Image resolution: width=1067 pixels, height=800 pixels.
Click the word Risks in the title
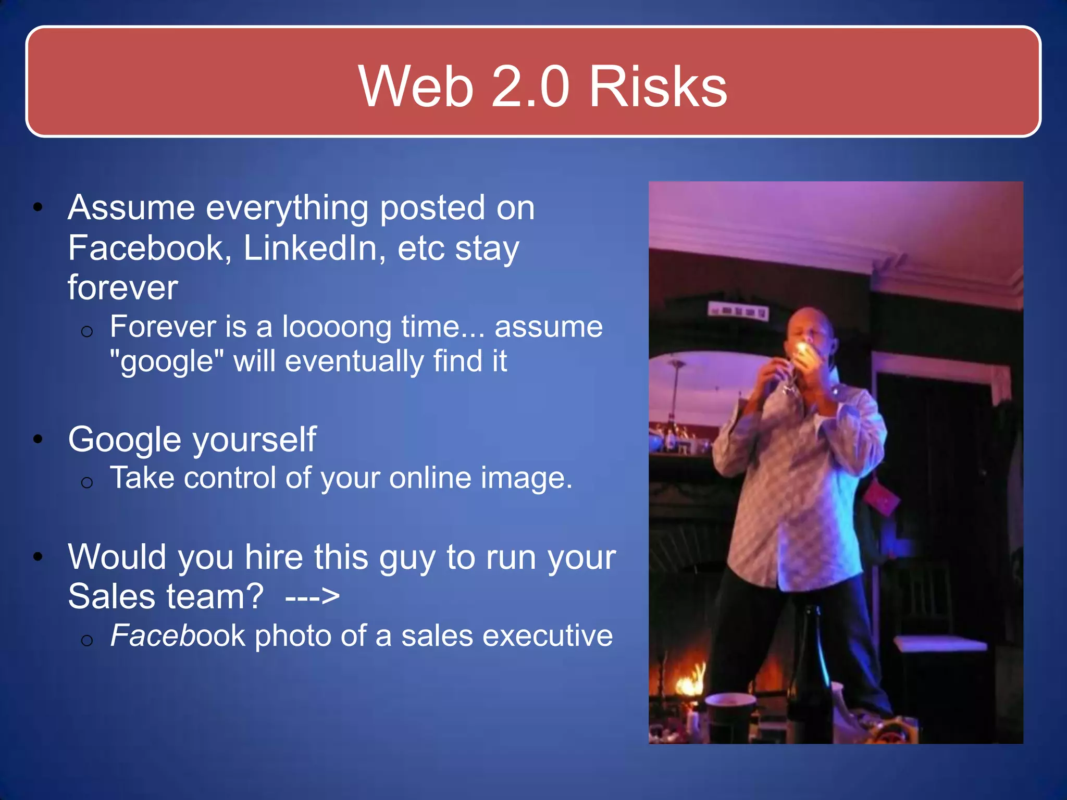click(657, 86)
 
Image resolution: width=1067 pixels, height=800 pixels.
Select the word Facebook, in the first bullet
click(150, 248)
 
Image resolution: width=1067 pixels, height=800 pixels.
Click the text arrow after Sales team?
click(313, 596)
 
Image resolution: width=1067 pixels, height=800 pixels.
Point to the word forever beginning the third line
click(123, 287)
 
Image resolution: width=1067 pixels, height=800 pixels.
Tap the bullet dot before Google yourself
click(38, 440)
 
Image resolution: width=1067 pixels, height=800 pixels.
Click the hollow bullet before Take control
click(87, 483)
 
